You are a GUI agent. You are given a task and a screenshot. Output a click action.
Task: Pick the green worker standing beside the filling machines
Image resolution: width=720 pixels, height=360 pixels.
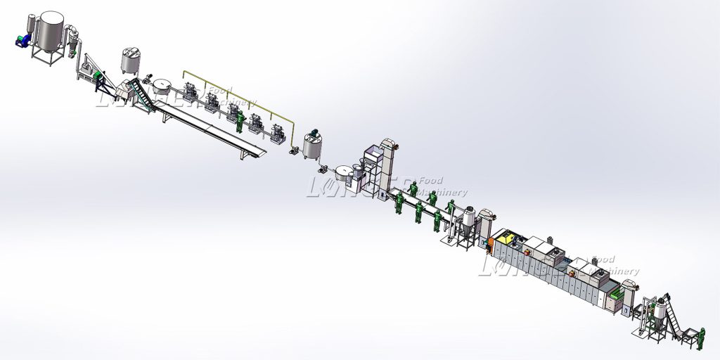tap(241, 122)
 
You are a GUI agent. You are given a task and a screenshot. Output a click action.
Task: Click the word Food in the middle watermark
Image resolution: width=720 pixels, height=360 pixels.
tap(430, 181)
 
